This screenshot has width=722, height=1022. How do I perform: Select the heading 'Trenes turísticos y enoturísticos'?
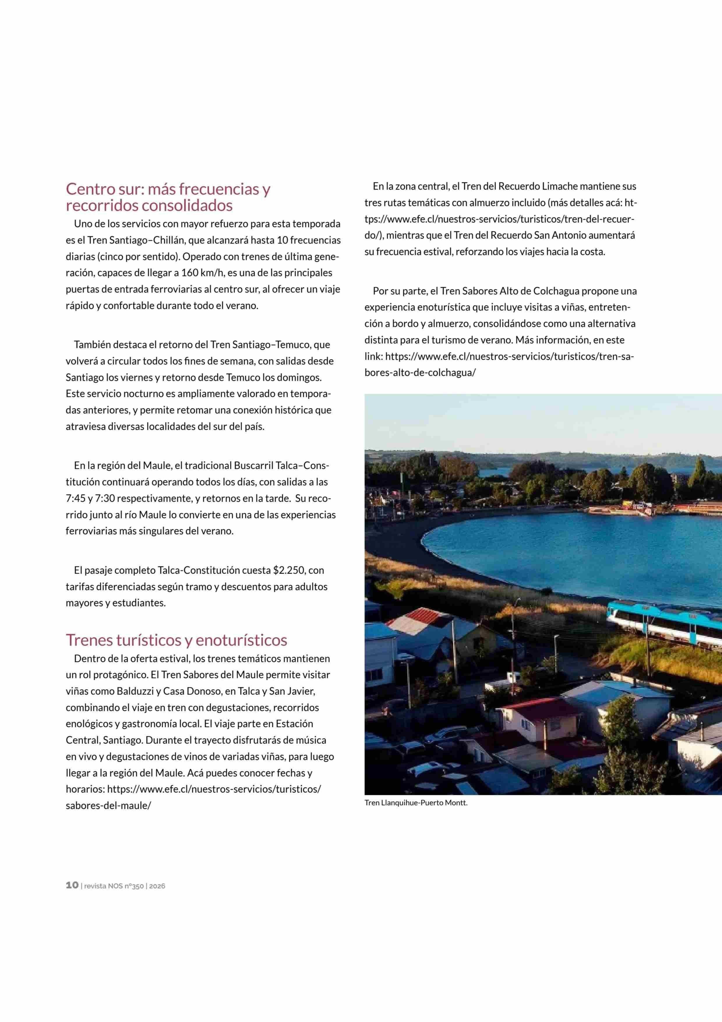click(x=176, y=640)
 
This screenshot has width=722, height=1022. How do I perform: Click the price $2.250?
click(x=289, y=570)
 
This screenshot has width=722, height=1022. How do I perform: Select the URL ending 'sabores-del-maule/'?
click(x=108, y=806)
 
